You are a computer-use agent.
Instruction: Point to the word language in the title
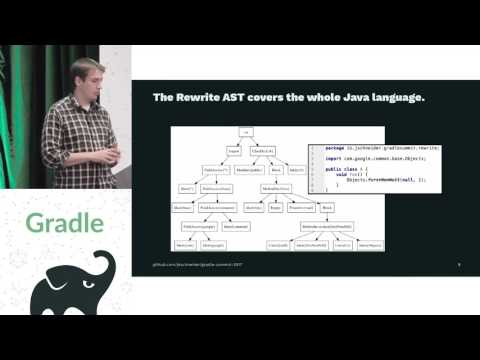click(400, 98)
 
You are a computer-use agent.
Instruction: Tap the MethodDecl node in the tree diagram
click(276, 188)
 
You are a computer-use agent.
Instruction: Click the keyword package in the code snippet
click(335, 148)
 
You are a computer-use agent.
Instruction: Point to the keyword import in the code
click(333, 160)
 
